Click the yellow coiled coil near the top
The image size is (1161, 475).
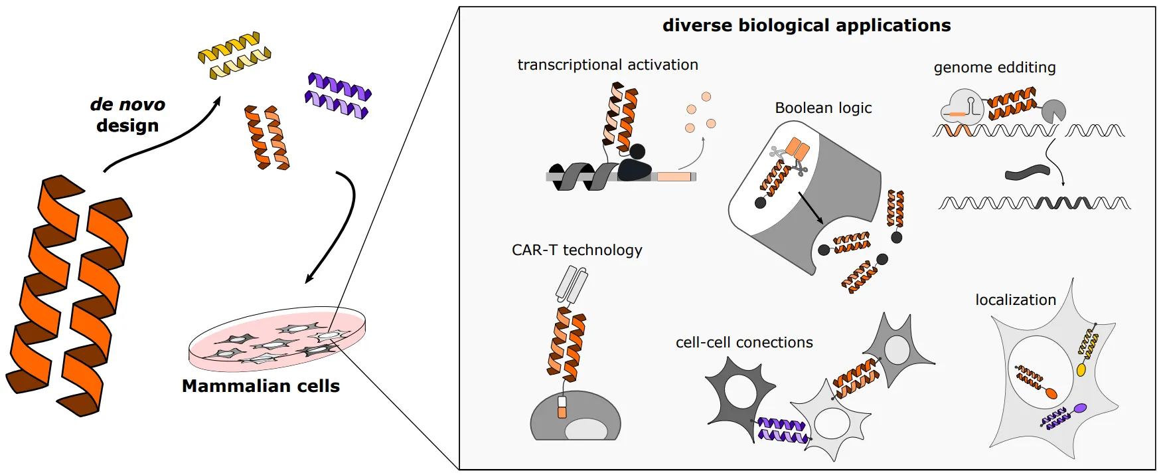(234, 55)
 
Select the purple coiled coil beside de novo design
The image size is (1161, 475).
(338, 96)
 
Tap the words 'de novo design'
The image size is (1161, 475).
(127, 115)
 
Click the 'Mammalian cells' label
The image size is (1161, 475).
(261, 386)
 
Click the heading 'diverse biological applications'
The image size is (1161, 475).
(807, 25)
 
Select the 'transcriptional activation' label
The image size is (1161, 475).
(607, 65)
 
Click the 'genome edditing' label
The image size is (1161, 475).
(994, 68)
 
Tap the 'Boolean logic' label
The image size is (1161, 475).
(823, 108)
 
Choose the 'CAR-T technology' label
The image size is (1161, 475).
(577, 250)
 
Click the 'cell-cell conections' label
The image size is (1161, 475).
(744, 343)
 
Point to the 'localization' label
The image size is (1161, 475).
(1015, 300)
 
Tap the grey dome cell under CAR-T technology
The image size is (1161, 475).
(575, 417)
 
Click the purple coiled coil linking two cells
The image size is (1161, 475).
(782, 430)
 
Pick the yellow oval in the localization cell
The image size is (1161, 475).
(1081, 369)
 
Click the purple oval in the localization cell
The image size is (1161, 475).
(1080, 408)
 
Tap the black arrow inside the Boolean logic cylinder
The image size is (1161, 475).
(811, 208)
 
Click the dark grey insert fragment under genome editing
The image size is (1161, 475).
(1028, 173)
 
